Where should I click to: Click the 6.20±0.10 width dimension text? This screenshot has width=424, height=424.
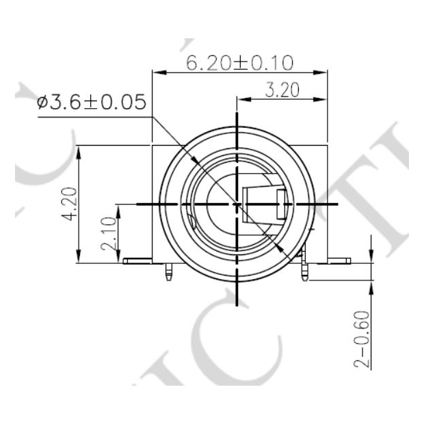[240, 63]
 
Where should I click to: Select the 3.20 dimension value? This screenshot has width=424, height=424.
[281, 90]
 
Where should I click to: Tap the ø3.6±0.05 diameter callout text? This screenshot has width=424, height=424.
[92, 103]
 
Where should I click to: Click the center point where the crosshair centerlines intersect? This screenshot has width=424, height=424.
[237, 204]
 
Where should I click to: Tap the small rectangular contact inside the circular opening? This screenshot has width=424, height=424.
[281, 204]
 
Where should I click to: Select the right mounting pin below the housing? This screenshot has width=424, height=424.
[304, 272]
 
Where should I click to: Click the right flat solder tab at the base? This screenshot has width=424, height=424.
[337, 261]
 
